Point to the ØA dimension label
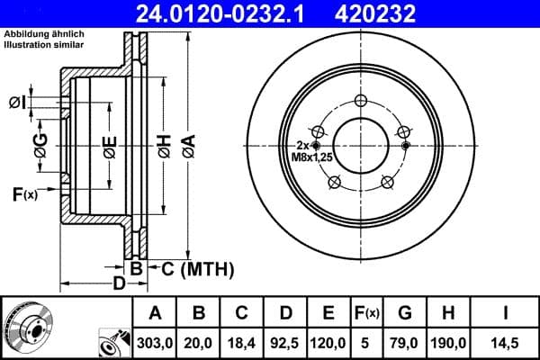click(188, 145)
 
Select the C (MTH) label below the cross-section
click(197, 268)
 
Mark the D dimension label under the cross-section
click(119, 284)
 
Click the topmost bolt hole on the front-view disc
click(360, 100)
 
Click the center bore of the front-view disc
click(360, 145)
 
